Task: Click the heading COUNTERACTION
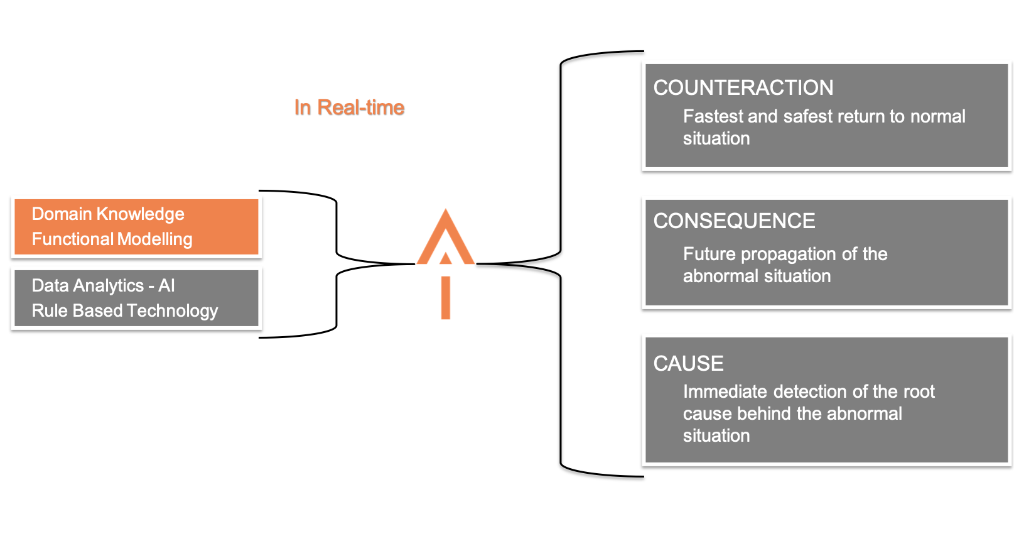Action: pyautogui.click(x=743, y=88)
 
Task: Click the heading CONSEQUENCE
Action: pyautogui.click(x=734, y=221)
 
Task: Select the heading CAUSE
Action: pyautogui.click(x=688, y=364)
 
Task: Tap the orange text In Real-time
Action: pyautogui.click(x=349, y=107)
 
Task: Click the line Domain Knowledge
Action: pyautogui.click(x=108, y=214)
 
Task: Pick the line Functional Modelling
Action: pyautogui.click(x=112, y=239)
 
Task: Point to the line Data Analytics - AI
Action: pyautogui.click(x=103, y=286)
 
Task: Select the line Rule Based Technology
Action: pyautogui.click(x=124, y=311)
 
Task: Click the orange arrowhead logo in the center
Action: pyautogui.click(x=445, y=239)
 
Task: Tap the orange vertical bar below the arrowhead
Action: pyautogui.click(x=445, y=298)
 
